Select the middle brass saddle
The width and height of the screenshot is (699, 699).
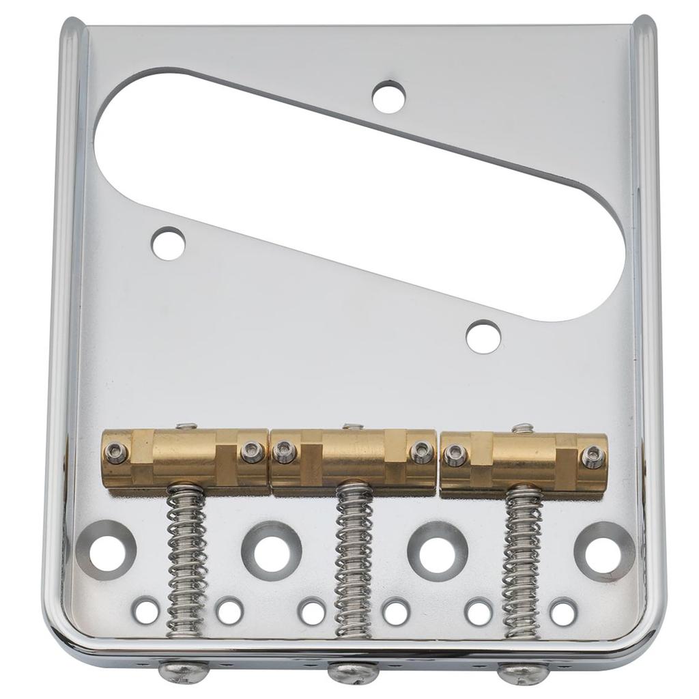(353, 460)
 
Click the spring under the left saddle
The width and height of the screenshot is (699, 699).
(186, 556)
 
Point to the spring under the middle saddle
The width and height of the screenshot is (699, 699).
(354, 556)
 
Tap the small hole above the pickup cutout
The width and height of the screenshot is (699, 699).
(388, 96)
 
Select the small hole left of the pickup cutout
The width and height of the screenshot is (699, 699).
(168, 244)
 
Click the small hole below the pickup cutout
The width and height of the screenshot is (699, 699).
(483, 337)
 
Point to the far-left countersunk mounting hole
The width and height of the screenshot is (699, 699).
(106, 550)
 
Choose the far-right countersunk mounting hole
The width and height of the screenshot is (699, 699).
(603, 552)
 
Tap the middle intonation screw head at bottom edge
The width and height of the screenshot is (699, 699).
(353, 672)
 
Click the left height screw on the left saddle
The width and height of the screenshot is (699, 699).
(116, 452)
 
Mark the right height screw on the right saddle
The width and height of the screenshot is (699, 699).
(593, 457)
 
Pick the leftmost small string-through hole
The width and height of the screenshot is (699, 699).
(146, 610)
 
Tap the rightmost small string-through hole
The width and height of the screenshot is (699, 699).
(563, 612)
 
